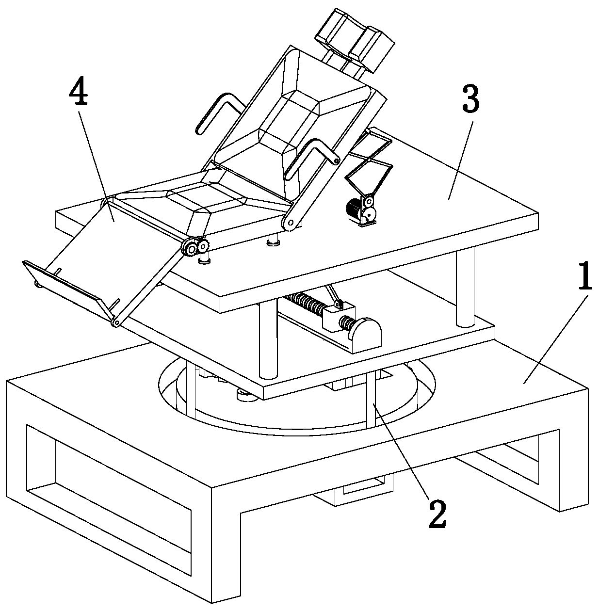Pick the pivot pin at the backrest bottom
click(290, 224)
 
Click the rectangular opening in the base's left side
click(109, 489)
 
